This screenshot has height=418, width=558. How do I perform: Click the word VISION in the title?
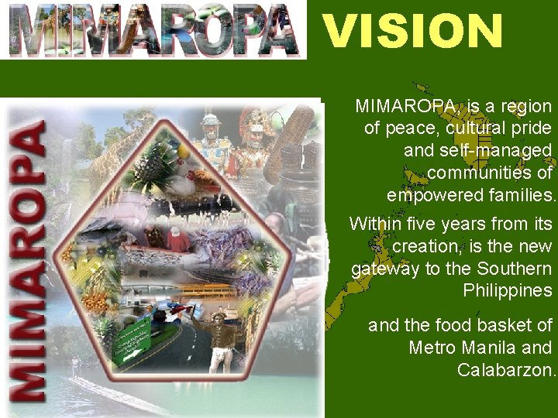(x=412, y=31)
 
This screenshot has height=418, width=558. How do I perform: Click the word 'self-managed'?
(x=477, y=149)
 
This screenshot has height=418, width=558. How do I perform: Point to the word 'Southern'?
(x=515, y=269)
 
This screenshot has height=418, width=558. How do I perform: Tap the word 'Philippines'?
(x=508, y=291)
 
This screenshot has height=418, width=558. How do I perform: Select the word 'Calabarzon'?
(x=506, y=370)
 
